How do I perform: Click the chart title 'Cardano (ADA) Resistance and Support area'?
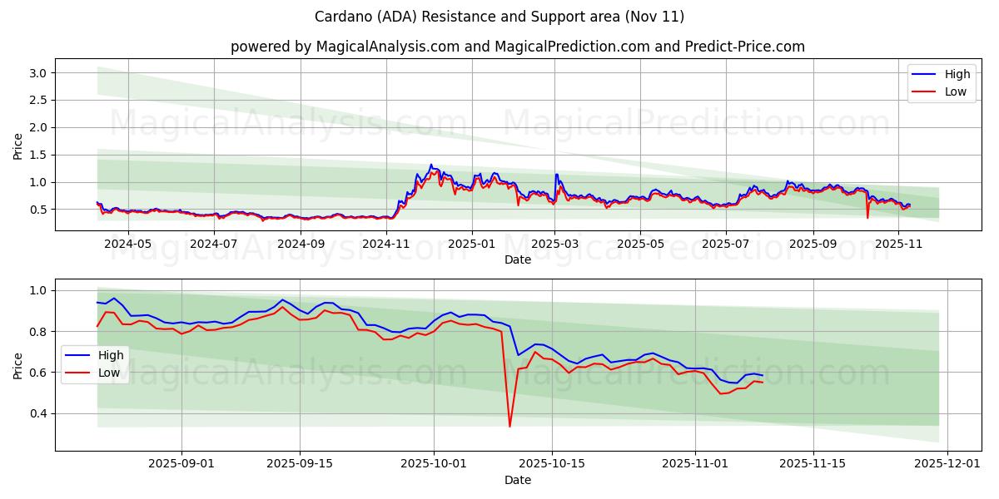tap(499, 17)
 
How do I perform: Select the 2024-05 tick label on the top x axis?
tap(128, 245)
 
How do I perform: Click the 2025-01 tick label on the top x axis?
tap(472, 245)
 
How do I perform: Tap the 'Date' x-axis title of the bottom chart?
tap(517, 480)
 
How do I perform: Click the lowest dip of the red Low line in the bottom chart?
tap(509, 427)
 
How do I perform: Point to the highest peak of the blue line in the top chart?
tap(430, 165)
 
